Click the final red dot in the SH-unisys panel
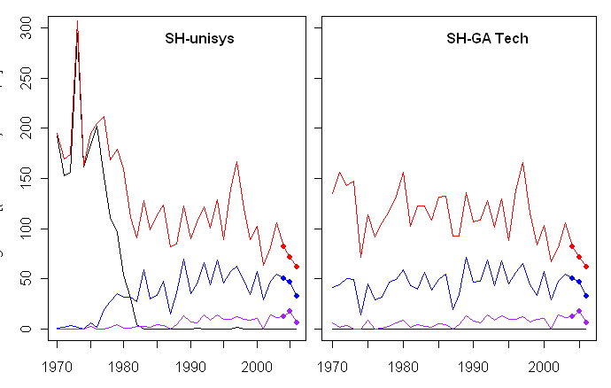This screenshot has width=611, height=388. click(297, 266)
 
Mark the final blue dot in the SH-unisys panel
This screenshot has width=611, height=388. click(297, 295)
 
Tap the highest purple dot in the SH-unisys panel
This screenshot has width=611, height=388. click(290, 311)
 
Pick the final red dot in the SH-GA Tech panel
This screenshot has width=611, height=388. click(586, 266)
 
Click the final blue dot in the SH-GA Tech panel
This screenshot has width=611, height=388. click(586, 295)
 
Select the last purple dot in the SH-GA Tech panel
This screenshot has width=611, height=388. click(586, 322)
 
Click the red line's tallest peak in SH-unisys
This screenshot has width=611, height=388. click(77, 22)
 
